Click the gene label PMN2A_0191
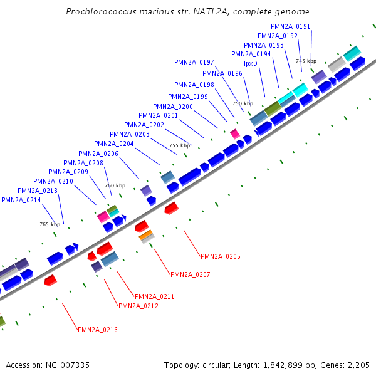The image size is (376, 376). (290, 26)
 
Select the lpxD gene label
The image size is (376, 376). (250, 63)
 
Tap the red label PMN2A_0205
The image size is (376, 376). (221, 256)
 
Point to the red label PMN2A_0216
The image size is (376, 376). (98, 330)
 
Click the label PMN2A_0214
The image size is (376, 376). (21, 200)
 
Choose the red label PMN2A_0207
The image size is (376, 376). (191, 274)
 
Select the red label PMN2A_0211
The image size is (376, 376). (155, 296)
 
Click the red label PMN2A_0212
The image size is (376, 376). (138, 306)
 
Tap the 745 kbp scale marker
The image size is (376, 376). (306, 61)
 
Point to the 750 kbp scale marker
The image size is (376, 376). (243, 103)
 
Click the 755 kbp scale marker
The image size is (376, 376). (179, 145)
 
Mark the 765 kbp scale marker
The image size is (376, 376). (50, 224)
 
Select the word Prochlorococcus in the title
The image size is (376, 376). (95, 11)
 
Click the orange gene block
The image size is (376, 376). (146, 236)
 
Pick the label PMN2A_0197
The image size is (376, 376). (194, 62)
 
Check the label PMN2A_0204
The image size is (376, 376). (114, 144)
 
